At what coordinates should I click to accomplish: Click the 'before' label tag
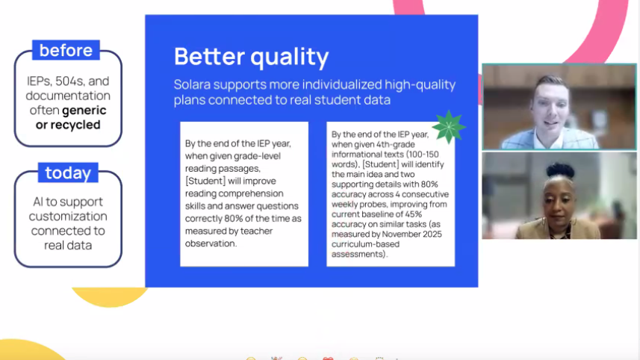point(66,51)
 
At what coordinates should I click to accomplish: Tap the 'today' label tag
point(67,173)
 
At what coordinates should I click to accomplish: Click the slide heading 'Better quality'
point(251,56)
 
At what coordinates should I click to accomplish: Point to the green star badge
point(448,127)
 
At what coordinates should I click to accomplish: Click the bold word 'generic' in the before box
point(84,110)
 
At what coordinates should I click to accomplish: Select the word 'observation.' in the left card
point(211,243)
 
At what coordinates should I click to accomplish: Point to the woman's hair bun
point(559,170)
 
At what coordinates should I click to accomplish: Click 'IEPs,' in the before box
point(38,81)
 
